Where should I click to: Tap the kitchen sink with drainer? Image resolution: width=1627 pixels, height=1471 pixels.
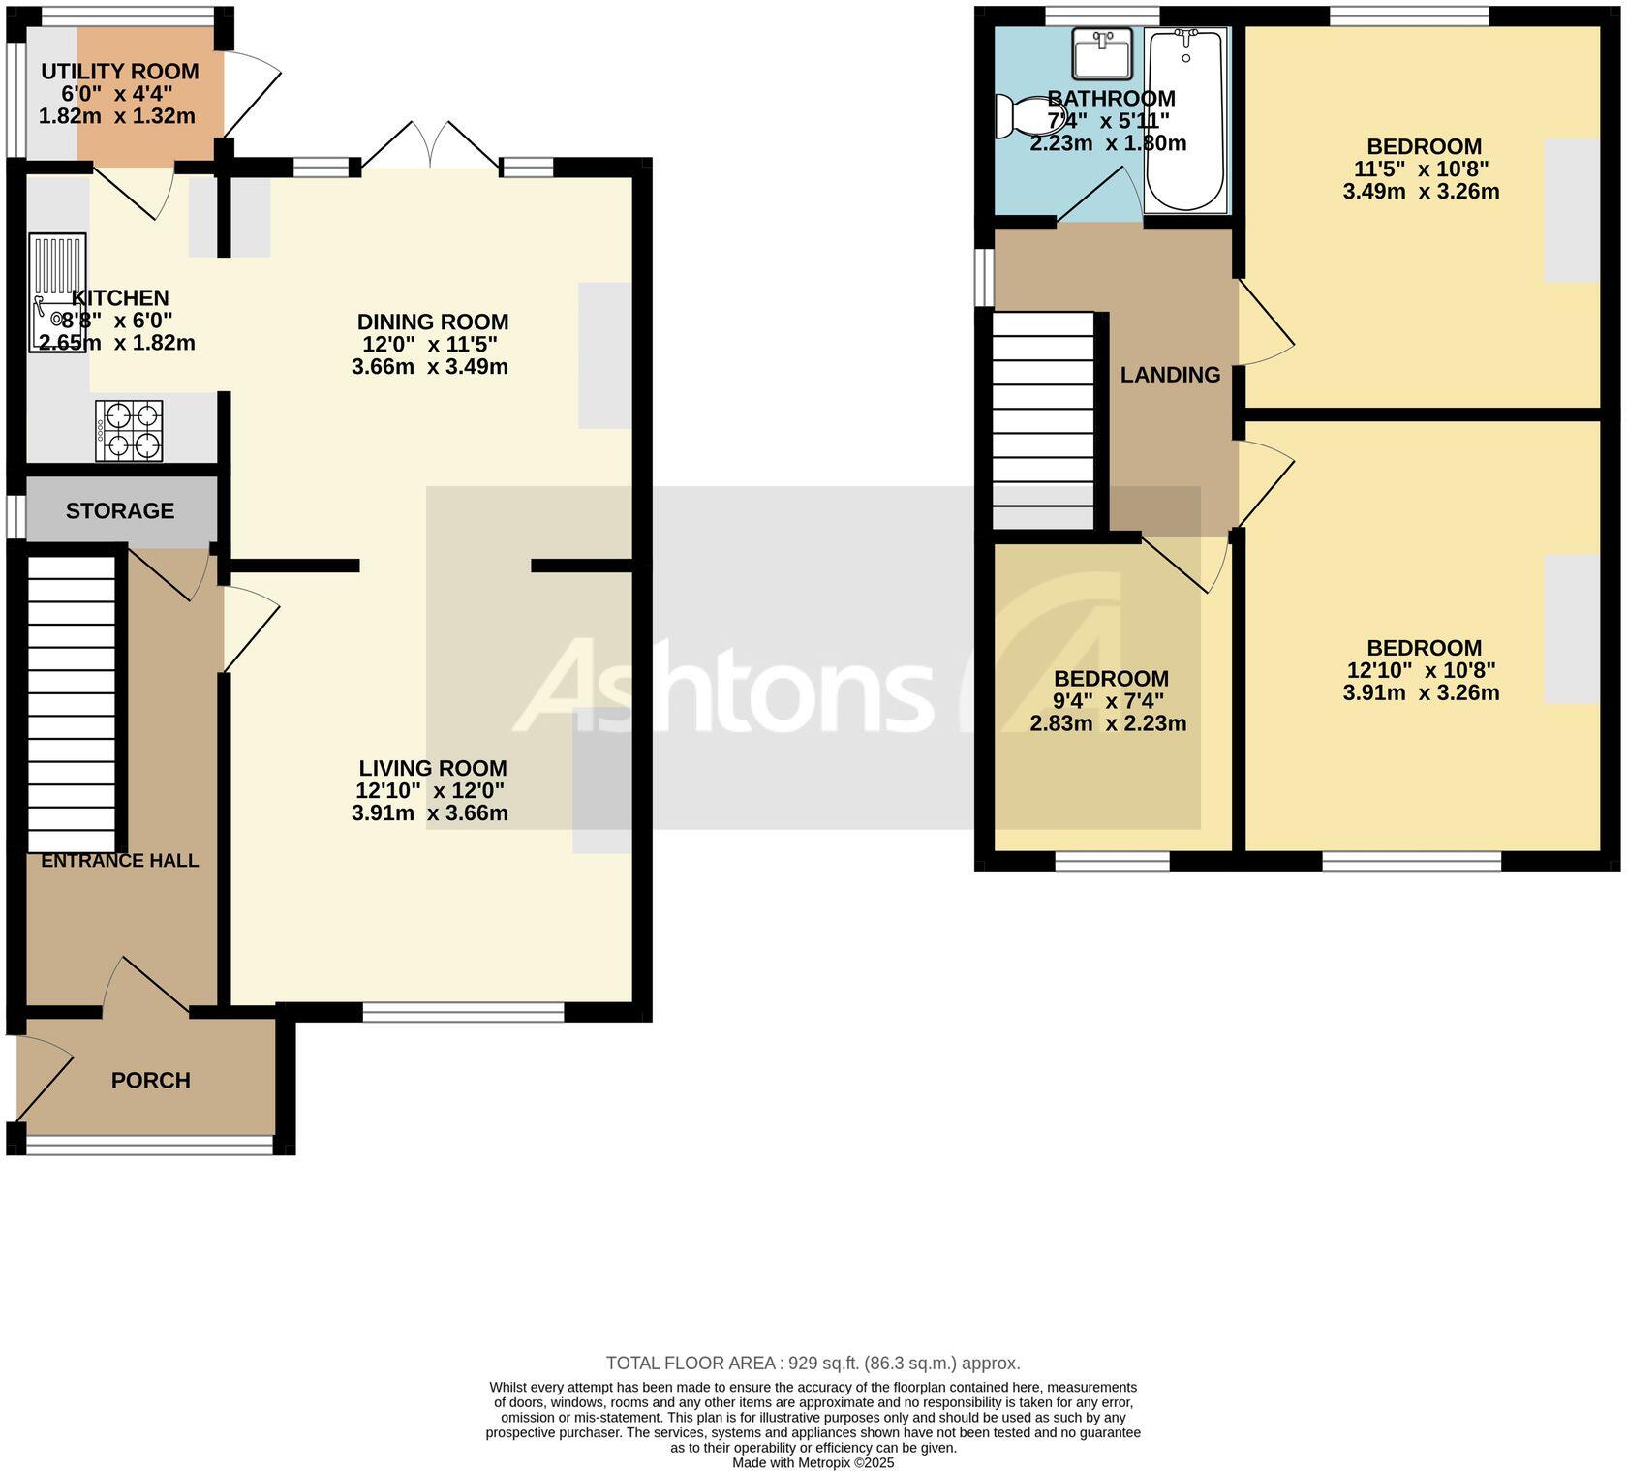(x=57, y=291)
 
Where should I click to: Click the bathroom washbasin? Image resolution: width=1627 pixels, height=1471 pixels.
(x=1102, y=53)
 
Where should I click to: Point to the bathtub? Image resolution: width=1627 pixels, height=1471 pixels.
(x=1185, y=118)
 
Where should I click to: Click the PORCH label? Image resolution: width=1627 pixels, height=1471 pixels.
(x=150, y=1080)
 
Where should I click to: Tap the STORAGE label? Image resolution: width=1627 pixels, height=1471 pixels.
(x=120, y=510)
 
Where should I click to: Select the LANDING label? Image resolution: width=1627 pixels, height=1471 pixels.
(x=1170, y=375)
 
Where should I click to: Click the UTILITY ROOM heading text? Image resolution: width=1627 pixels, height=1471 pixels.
(x=120, y=72)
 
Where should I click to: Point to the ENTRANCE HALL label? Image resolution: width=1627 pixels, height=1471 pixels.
(x=120, y=861)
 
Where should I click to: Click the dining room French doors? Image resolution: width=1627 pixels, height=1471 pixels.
(x=431, y=145)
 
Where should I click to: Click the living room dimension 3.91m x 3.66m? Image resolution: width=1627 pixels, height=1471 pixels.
(x=430, y=813)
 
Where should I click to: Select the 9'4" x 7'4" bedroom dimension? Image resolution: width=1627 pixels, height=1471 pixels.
(x=1108, y=701)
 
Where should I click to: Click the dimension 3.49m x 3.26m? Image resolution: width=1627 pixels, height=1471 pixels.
(x=1421, y=192)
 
